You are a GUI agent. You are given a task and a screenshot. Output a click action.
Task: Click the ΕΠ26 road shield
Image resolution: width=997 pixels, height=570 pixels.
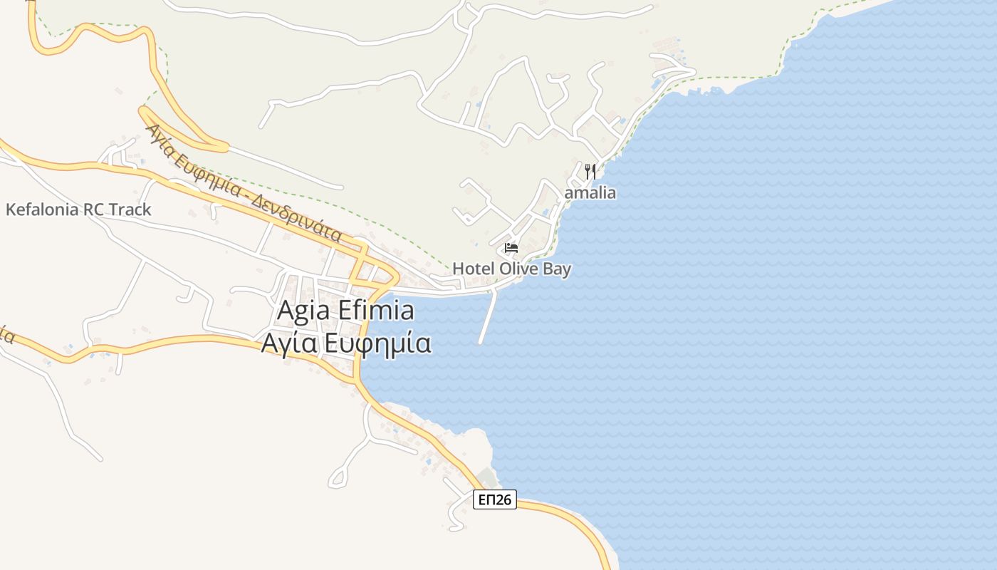click(494, 499)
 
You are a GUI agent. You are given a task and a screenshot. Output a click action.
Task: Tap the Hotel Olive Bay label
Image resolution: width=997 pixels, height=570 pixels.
click(511, 269)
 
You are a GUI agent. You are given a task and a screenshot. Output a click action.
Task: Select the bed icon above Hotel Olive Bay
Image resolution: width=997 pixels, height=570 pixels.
click(511, 248)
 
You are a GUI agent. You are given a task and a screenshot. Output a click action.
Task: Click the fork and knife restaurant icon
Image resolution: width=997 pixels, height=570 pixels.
click(590, 171)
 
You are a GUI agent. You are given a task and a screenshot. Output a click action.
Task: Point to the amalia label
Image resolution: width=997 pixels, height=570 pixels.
click(590, 193)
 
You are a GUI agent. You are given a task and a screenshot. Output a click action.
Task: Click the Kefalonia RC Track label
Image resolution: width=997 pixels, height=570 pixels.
click(78, 209)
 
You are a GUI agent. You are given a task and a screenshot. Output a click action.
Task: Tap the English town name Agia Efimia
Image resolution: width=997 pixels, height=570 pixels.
click(345, 311)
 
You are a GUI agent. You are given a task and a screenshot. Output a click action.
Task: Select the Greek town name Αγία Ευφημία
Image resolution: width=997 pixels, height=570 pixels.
click(345, 343)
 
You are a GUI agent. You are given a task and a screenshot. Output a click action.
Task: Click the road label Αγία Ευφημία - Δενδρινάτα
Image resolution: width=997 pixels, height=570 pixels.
click(243, 184)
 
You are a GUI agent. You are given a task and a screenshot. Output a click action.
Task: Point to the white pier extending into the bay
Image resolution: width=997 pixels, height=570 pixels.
click(488, 317)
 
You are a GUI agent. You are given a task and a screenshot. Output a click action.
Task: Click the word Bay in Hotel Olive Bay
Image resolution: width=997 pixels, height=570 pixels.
click(556, 269)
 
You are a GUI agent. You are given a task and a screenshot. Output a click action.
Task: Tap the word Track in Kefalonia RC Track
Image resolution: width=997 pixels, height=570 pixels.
click(130, 209)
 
